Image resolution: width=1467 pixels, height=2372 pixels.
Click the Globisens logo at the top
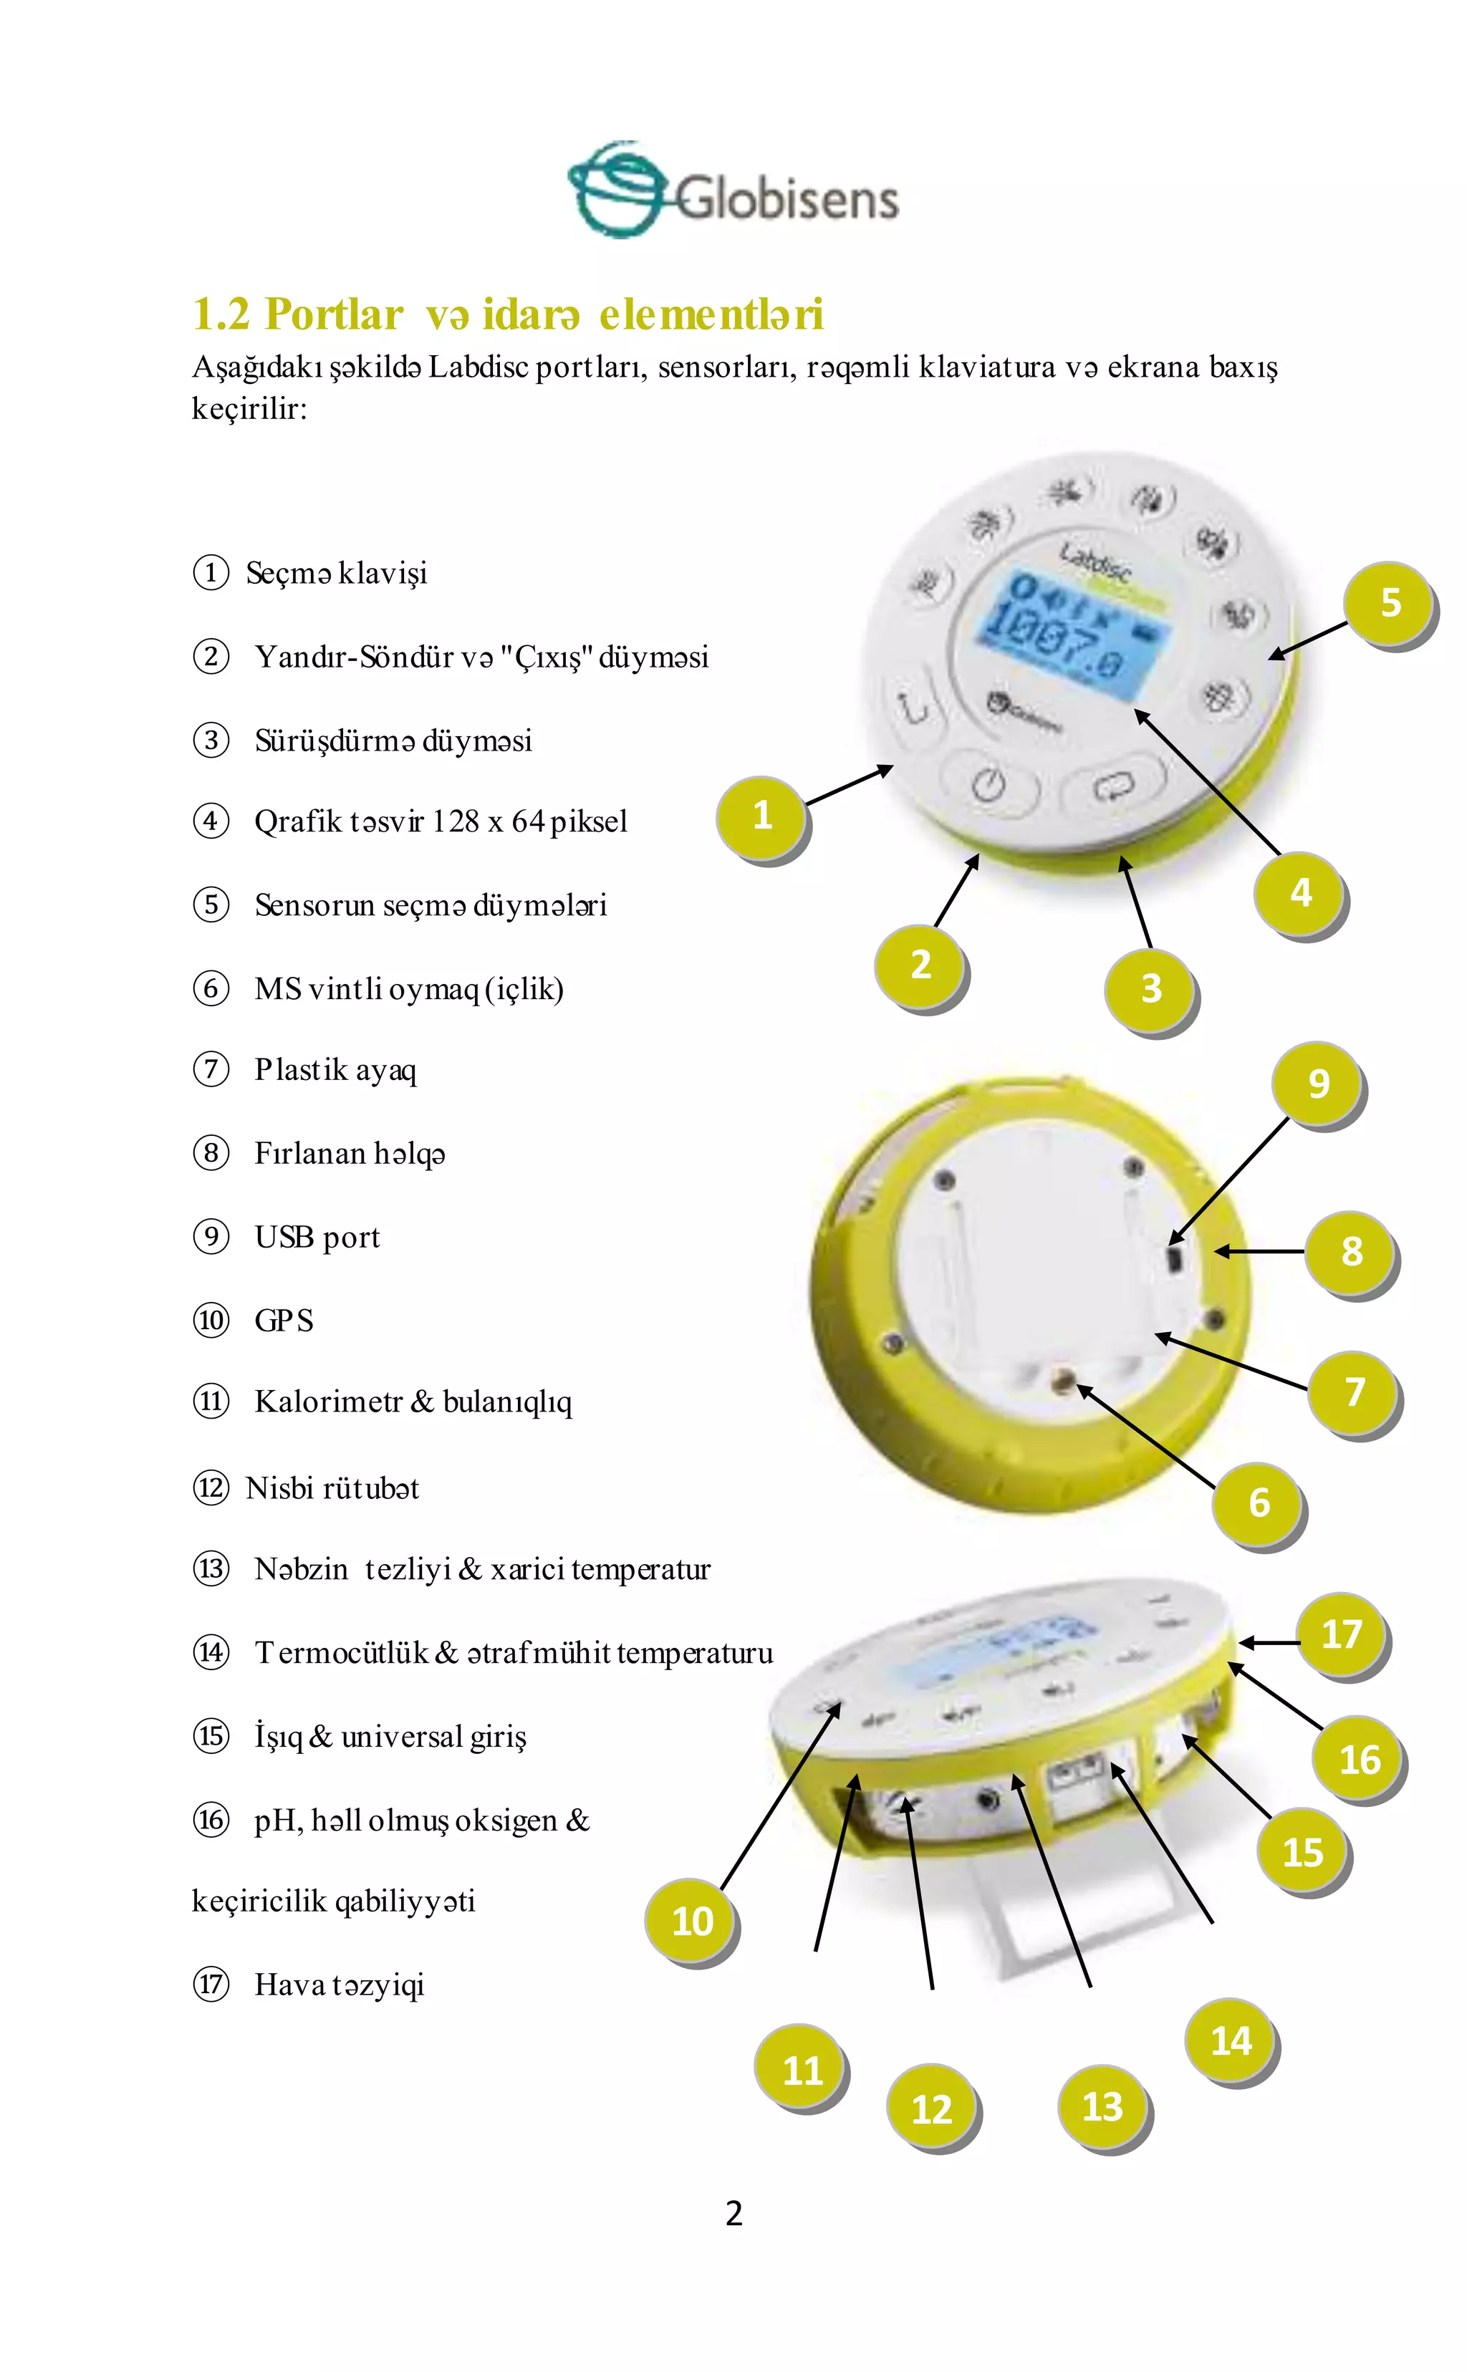(x=733, y=191)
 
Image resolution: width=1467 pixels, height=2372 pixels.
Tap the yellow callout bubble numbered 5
(x=1390, y=604)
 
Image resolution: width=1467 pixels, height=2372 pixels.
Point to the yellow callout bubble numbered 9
(x=1317, y=1084)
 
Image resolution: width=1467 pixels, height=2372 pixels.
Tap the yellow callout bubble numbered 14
(x=1231, y=2041)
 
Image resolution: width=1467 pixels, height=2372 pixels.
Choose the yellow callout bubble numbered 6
(x=1259, y=1503)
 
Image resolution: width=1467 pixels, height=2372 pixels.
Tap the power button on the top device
(x=989, y=784)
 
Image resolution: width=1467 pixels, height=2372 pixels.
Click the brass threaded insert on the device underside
(x=1064, y=1381)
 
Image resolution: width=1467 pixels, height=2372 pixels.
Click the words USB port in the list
(x=317, y=1237)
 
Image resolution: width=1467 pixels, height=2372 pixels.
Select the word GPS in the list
(x=284, y=1321)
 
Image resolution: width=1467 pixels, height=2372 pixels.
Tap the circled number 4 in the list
(x=211, y=821)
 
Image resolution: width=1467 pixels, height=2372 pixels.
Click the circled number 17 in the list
(x=211, y=1984)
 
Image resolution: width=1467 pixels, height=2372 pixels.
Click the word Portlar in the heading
(x=333, y=314)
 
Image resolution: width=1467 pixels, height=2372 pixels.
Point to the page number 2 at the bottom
(x=733, y=2213)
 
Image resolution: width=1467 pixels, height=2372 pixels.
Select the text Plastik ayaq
(x=335, y=1069)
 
